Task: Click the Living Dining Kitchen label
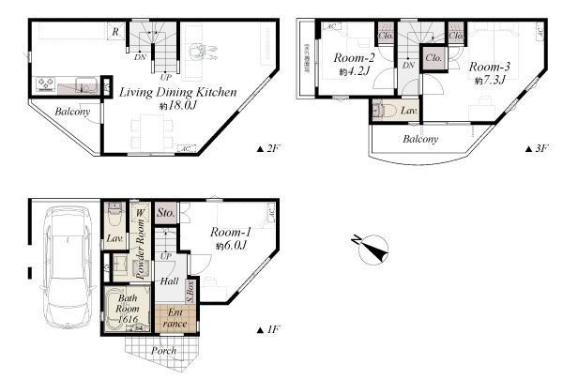[178, 92]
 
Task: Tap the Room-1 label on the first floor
[229, 233]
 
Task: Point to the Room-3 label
[489, 67]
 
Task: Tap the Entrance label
[175, 318]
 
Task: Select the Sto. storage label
[167, 213]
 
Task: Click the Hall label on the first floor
[170, 280]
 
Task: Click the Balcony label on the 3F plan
[420, 140]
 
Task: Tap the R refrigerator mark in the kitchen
[114, 32]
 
